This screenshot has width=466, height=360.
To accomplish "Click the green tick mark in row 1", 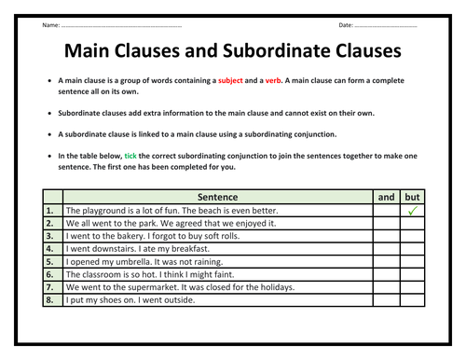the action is [412, 212].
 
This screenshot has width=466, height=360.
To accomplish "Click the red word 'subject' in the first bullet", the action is [230, 81].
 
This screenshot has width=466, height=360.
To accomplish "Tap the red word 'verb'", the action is [273, 81].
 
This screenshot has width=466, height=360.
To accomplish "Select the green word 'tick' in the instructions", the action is [130, 155].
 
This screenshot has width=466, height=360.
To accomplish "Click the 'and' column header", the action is [386, 197].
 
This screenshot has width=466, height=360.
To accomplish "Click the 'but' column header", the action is [412, 197].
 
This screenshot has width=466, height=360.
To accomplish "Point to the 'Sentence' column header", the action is [217, 197].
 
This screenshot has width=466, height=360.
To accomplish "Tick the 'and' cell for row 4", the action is [386, 250].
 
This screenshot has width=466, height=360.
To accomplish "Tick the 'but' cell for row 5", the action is [412, 263].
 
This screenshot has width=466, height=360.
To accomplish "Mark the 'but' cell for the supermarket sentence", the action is [412, 289].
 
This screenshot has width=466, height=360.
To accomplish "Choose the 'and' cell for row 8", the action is [386, 302].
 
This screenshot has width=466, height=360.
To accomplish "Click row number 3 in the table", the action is [51, 237].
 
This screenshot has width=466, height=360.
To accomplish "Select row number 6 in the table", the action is [51, 276].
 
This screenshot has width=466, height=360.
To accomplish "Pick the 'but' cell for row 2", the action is [412, 224].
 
